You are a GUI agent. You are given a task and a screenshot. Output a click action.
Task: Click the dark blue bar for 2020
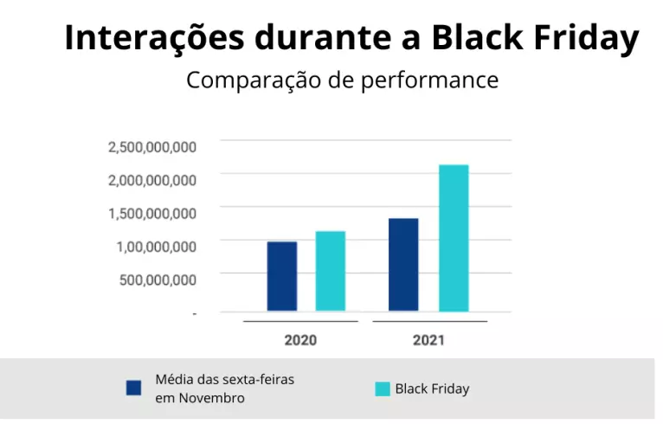click(281, 276)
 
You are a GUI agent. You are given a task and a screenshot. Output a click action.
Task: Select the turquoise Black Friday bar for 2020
click(330, 271)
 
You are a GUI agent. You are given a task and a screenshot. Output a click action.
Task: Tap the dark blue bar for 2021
click(403, 265)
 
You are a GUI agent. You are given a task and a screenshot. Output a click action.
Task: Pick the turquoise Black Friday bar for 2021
click(454, 238)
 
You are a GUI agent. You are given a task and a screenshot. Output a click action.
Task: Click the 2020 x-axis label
click(300, 340)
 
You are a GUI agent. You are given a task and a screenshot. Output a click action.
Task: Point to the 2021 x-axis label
click(428, 340)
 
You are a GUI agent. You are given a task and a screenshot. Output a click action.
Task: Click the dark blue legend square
click(133, 388)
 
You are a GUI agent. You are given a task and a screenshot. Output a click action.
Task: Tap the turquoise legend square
click(382, 389)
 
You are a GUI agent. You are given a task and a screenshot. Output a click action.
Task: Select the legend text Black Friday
click(432, 389)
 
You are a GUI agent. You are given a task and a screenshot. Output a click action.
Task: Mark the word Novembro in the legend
click(212, 398)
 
